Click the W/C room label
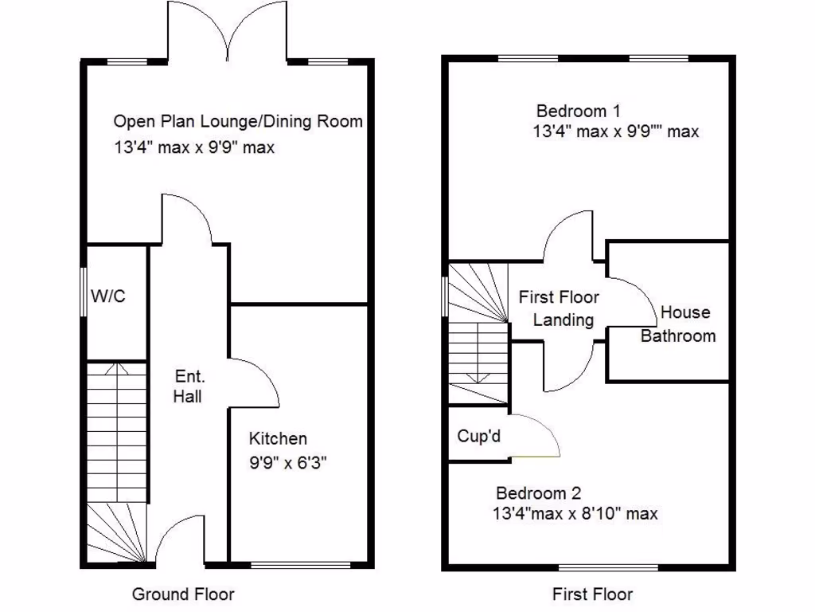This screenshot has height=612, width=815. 108,296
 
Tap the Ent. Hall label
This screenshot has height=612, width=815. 189,386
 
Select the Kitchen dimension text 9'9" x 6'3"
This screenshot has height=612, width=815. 288,463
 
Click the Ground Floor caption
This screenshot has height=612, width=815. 183,594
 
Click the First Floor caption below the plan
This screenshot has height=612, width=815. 593,594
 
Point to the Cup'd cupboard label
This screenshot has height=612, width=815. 479,436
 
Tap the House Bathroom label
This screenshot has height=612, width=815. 679,324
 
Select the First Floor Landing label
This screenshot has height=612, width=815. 559,308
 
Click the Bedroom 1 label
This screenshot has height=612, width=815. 578,111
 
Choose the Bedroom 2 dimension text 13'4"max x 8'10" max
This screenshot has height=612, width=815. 575,514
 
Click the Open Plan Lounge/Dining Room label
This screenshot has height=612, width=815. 238,122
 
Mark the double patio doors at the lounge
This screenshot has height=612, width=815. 228,32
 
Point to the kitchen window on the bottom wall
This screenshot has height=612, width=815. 300,566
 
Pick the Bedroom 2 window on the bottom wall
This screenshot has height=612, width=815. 609,567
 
